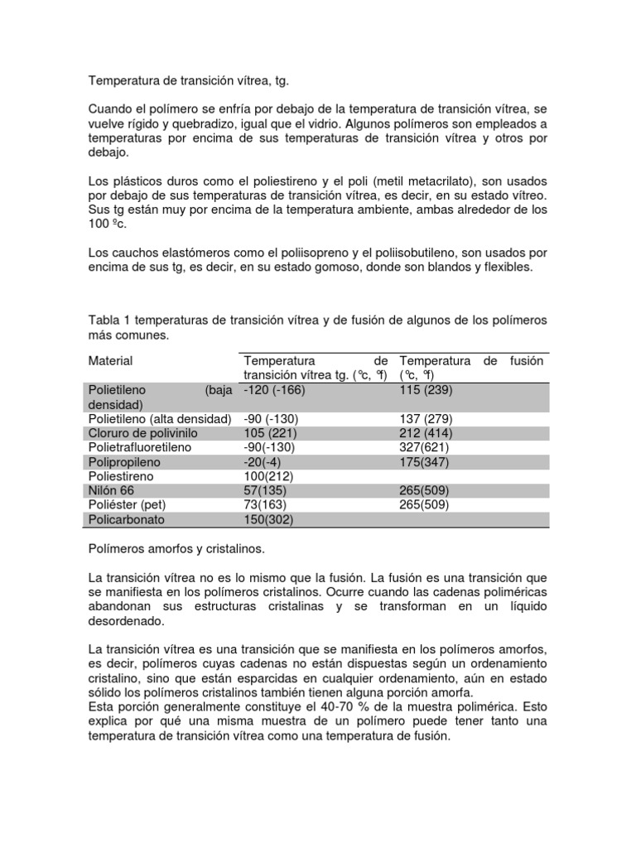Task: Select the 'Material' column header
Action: [x=110, y=361]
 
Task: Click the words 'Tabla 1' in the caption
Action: [x=110, y=320]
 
